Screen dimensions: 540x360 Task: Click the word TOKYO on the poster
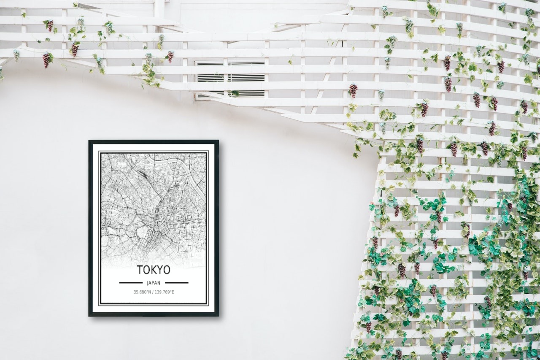point(154,270)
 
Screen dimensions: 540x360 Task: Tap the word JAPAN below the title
point(154,283)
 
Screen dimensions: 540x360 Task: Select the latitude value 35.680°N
point(143,292)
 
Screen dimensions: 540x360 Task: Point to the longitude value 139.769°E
point(165,292)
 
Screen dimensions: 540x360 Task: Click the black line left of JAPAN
point(131,282)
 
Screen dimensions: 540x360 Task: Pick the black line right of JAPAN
point(176,282)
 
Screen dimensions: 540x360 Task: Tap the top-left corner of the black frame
point(90,141)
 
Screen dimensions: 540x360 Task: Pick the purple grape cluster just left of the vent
point(170,56)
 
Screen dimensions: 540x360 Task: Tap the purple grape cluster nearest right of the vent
point(353,90)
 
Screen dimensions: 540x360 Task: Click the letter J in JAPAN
point(148,283)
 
